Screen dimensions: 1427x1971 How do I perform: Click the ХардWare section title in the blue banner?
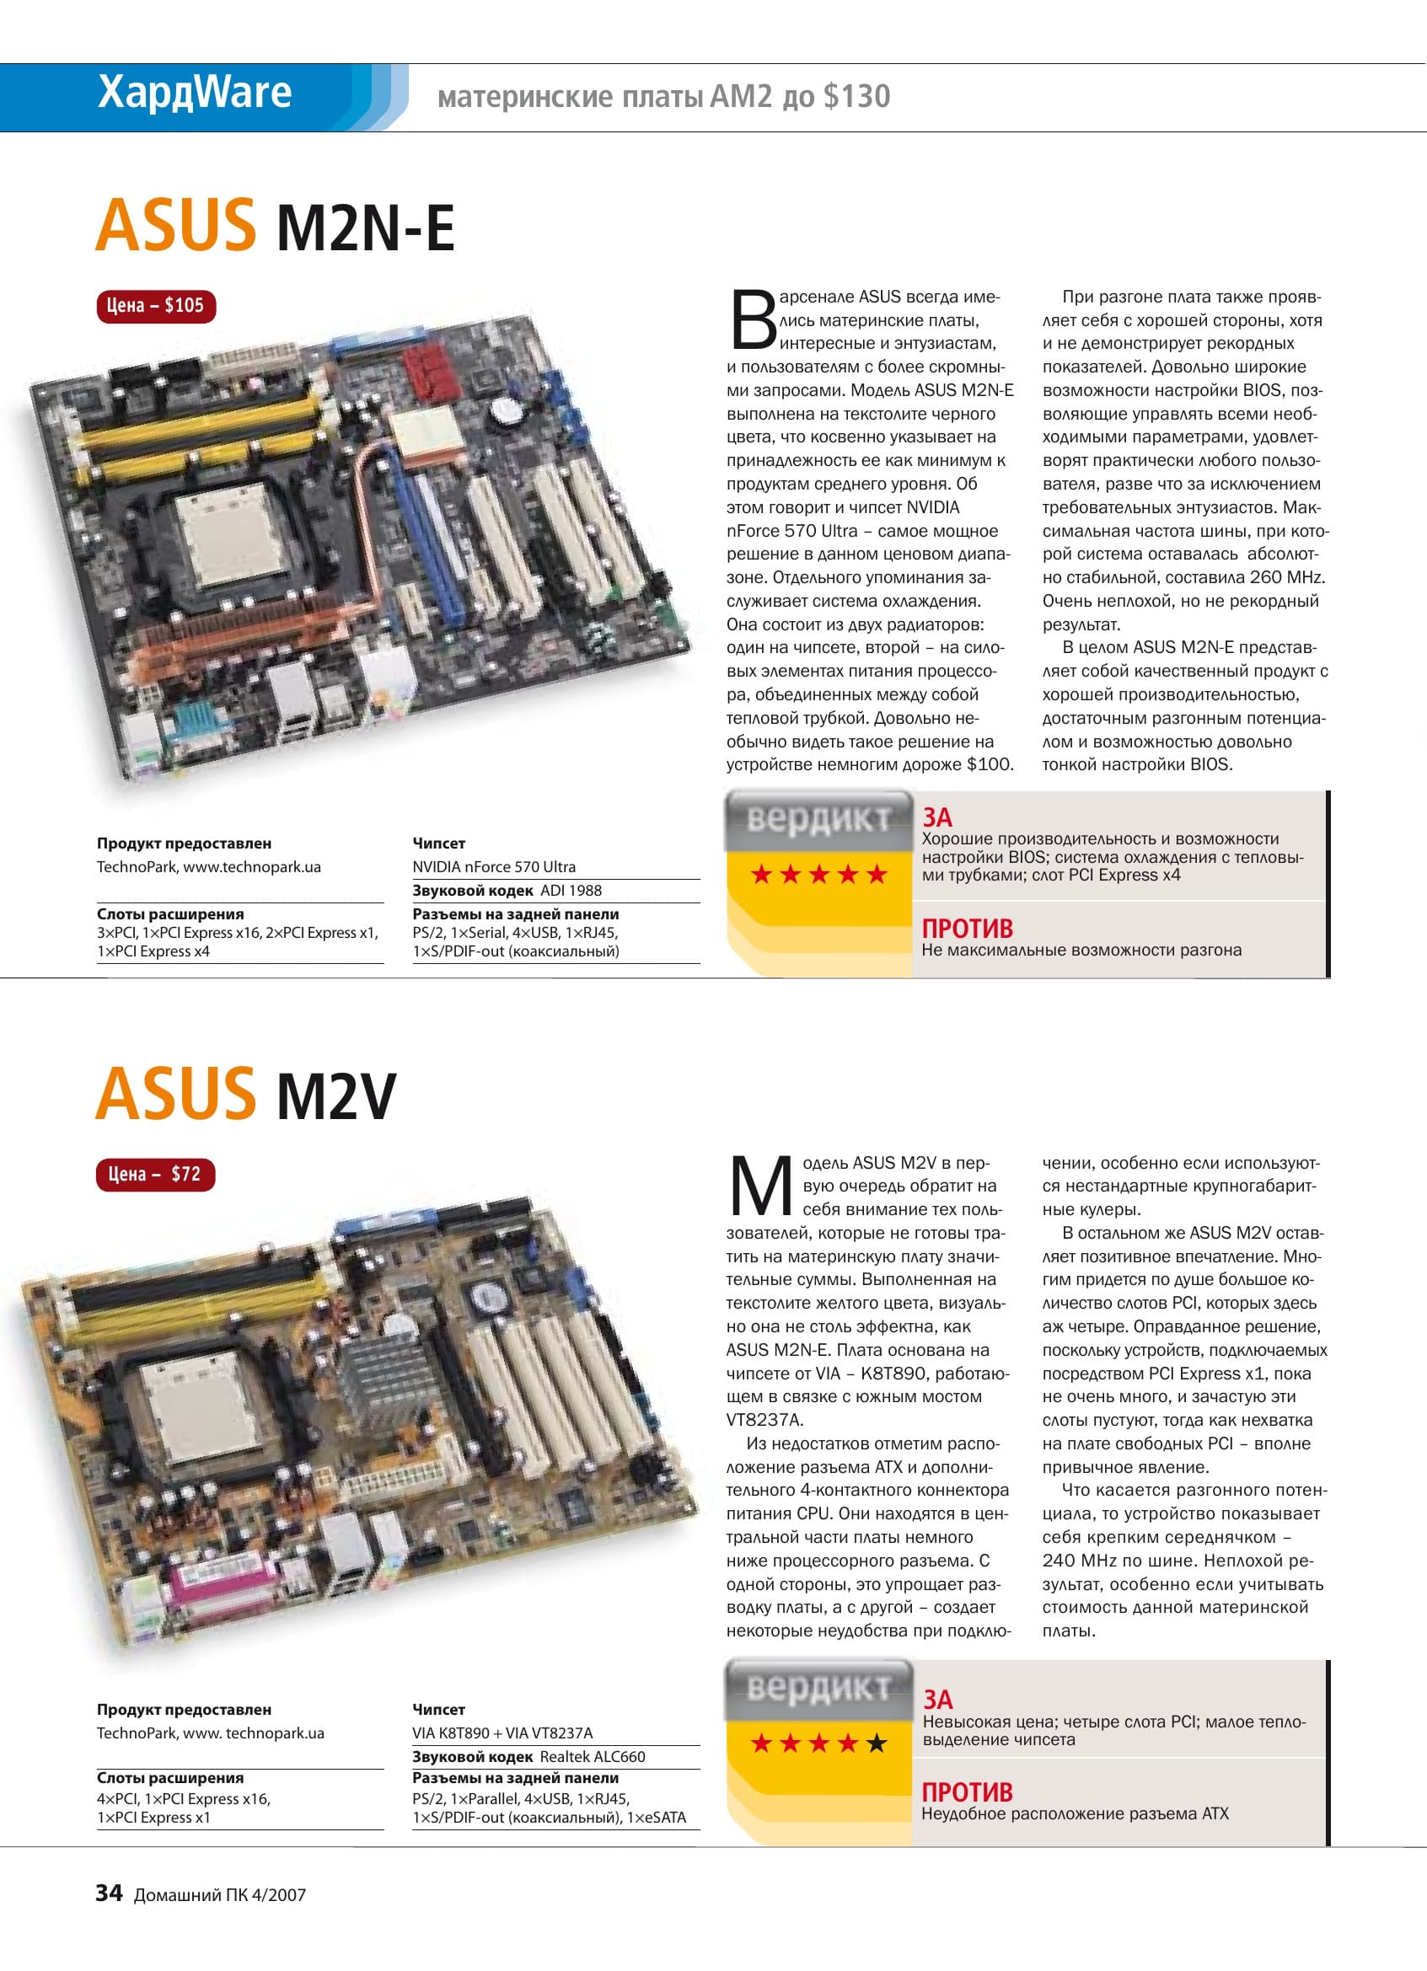click(x=195, y=92)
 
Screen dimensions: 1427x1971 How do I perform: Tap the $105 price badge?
click(x=156, y=306)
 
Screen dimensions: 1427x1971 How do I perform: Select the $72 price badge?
click(x=156, y=1174)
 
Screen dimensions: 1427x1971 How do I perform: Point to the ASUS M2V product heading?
click(x=246, y=1094)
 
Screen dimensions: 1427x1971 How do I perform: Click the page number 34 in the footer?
click(x=109, y=1893)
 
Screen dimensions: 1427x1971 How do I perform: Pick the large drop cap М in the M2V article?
click(x=760, y=1186)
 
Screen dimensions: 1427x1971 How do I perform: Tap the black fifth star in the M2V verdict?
click(x=877, y=1743)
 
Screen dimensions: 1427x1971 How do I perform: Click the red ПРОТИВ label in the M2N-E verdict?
click(x=968, y=928)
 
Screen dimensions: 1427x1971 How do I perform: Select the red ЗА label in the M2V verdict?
click(x=938, y=1699)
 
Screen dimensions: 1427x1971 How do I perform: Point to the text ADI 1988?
click(x=571, y=890)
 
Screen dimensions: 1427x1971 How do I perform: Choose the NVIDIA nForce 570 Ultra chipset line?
click(x=494, y=866)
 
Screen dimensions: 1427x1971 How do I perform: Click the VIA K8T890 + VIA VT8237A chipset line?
click(x=502, y=1733)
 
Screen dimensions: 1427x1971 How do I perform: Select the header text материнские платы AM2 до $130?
click(x=664, y=95)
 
